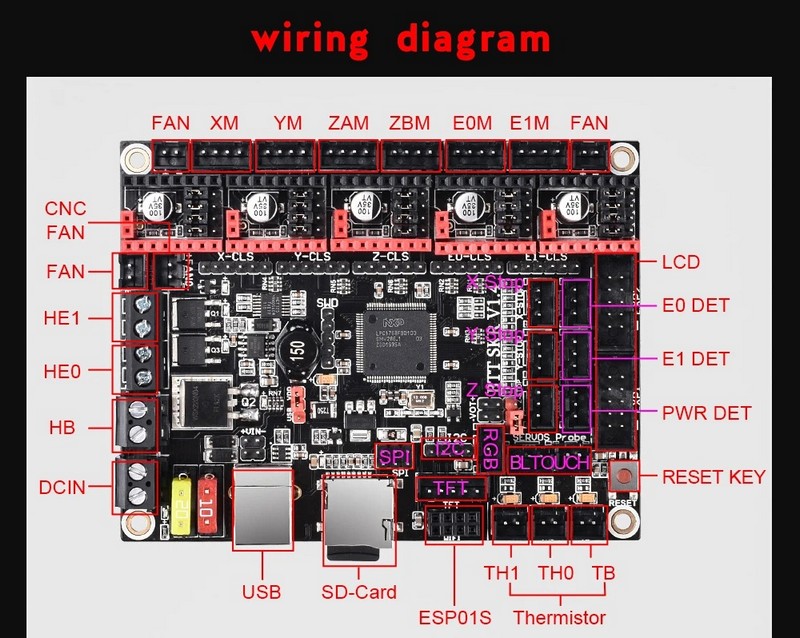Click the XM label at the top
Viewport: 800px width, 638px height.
click(224, 124)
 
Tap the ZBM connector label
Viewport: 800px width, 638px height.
click(410, 124)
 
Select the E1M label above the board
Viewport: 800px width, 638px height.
click(529, 124)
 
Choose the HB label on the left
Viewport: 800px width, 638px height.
click(62, 426)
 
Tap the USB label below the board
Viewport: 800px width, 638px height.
click(261, 590)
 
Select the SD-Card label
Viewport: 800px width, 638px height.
click(359, 592)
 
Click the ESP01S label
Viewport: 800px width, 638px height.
click(456, 617)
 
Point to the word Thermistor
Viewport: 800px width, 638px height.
click(559, 617)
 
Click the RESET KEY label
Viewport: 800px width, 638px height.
click(713, 477)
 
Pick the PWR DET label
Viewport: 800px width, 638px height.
click(707, 412)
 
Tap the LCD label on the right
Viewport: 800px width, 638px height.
click(680, 263)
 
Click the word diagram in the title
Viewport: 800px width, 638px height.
click(473, 39)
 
